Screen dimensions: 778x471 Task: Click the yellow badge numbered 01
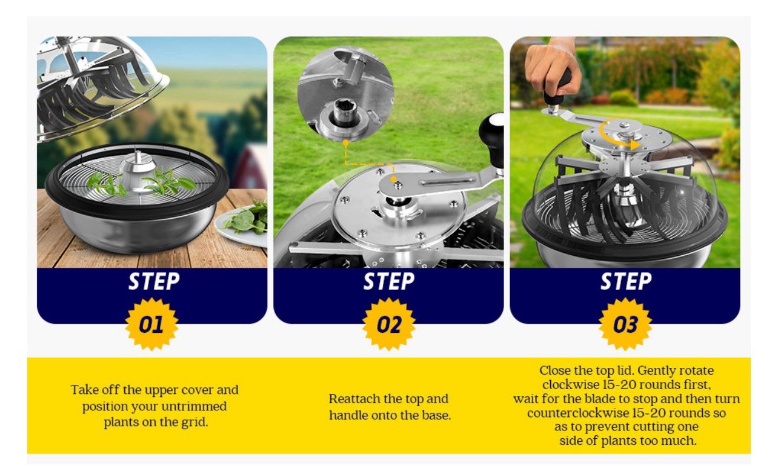tap(151, 324)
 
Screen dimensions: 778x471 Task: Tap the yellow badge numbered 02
tap(388, 324)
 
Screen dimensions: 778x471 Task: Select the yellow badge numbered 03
tap(625, 324)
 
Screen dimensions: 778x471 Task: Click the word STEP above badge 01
tap(154, 281)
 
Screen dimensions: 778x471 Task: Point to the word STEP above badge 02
tap(388, 281)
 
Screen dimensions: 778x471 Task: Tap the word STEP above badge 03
tap(626, 281)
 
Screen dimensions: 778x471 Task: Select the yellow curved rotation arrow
tap(616, 137)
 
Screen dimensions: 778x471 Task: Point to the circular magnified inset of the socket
tap(345, 95)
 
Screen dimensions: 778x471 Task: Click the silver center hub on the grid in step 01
tap(138, 172)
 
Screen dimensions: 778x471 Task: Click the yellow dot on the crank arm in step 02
tap(393, 179)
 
